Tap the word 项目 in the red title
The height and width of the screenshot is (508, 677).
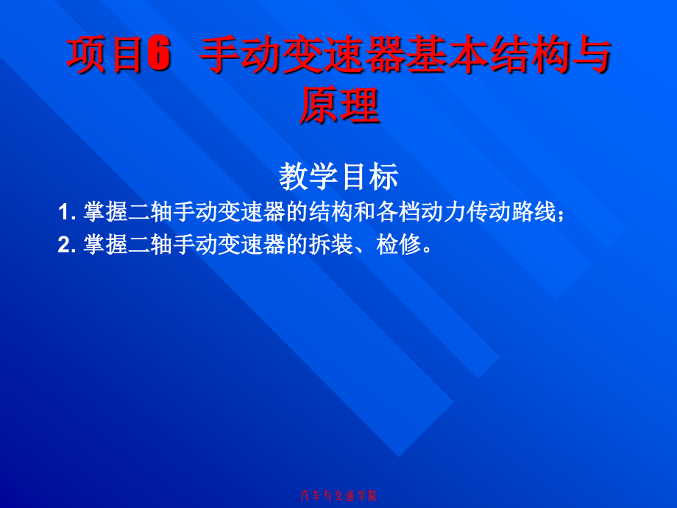tap(104, 56)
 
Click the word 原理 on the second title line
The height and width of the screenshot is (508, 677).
tap(338, 105)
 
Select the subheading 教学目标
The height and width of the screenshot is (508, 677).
tap(338, 176)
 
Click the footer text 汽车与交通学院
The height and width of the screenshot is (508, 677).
tap(338, 495)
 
